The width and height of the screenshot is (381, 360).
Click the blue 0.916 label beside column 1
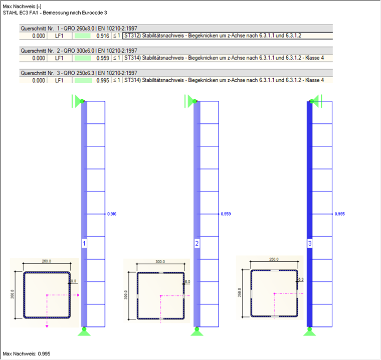(x=111, y=214)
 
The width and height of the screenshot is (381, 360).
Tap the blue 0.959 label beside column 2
(x=226, y=214)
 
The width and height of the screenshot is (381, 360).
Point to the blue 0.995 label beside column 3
(x=340, y=214)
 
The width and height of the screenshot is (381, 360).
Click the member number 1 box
(x=84, y=244)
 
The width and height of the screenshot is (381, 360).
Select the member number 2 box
(x=198, y=244)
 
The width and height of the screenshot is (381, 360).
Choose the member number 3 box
(x=310, y=244)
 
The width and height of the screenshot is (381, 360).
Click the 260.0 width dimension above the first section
(x=46, y=261)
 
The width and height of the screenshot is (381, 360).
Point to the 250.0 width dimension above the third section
(x=273, y=259)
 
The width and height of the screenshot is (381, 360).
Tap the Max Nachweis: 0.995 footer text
(x=27, y=353)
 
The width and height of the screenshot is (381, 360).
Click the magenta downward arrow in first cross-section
(x=47, y=325)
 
